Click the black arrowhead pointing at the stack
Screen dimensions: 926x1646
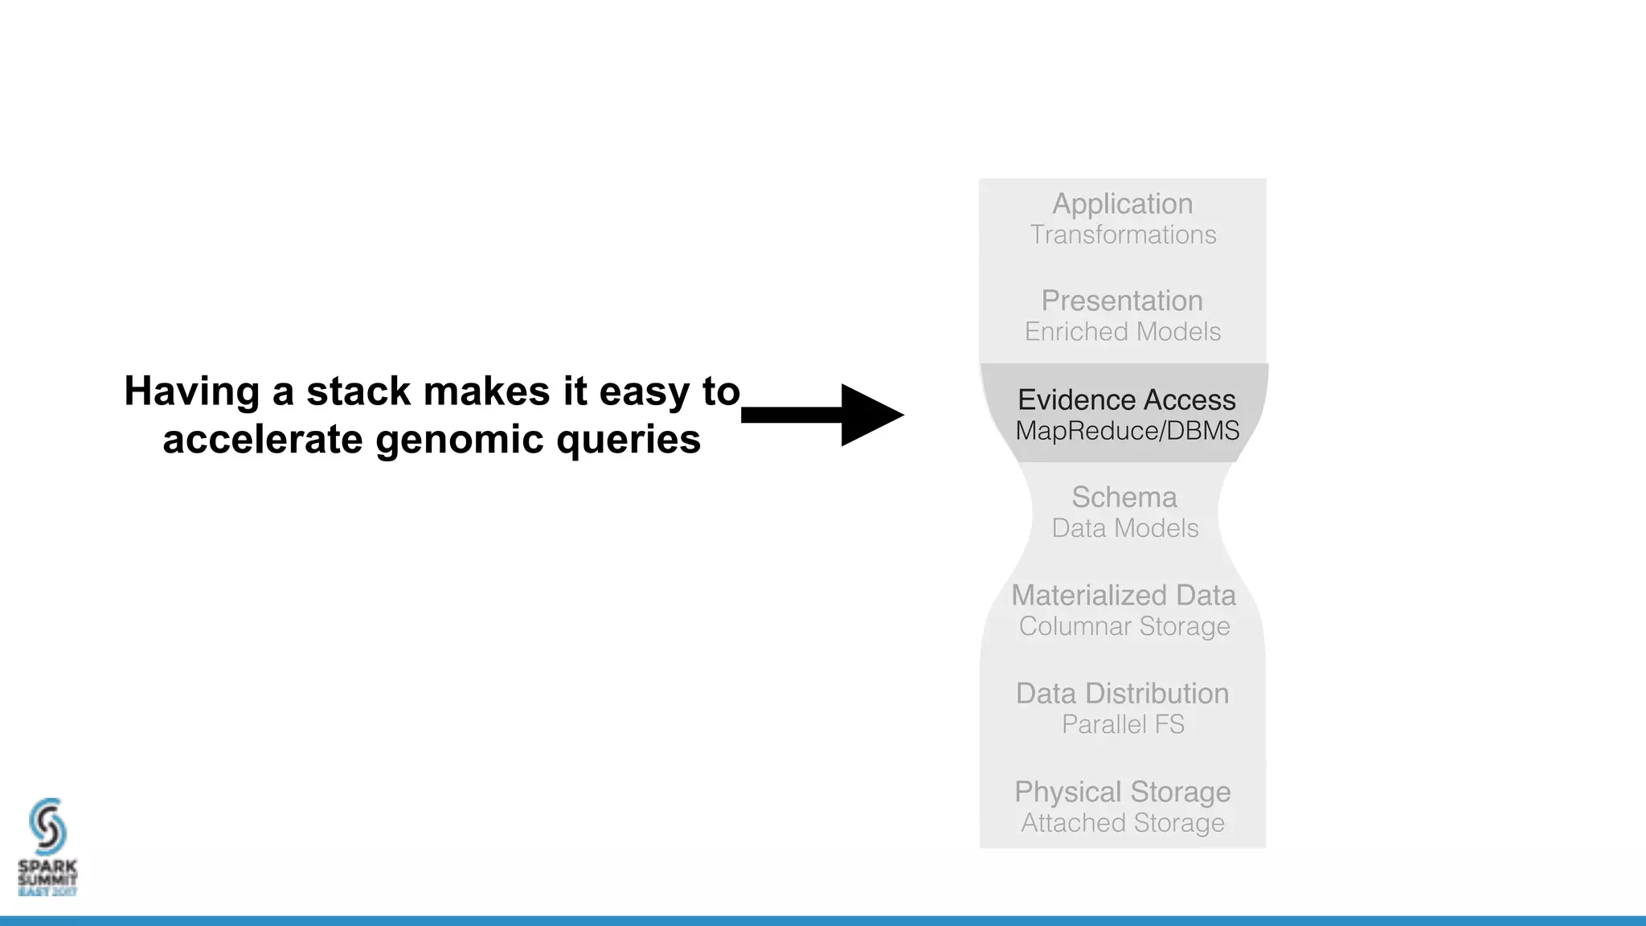tap(868, 415)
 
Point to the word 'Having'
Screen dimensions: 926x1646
tap(191, 391)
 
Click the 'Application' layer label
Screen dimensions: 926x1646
tap(1122, 203)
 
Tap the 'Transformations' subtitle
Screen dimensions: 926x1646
tap(1122, 235)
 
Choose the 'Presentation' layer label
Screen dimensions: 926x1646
tap(1122, 301)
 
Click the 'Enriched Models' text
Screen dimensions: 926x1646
tap(1122, 331)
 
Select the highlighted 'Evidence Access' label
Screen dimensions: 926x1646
tap(1126, 399)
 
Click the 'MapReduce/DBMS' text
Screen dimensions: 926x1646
tap(1127, 431)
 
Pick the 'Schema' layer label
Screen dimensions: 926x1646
tap(1124, 497)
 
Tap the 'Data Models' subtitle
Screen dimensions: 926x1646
tap(1124, 528)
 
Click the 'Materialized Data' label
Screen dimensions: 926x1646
tap(1123, 595)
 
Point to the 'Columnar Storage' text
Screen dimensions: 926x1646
tap(1124, 626)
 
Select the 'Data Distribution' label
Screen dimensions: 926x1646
tap(1122, 693)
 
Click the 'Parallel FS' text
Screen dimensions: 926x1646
tap(1122, 724)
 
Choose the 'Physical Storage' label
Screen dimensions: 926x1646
tap(1122, 792)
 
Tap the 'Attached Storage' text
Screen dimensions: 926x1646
tap(1122, 823)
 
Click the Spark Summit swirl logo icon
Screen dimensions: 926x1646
tap(47, 826)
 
